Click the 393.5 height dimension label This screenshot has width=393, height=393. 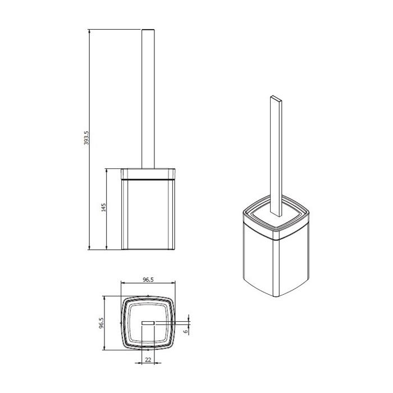point(86,138)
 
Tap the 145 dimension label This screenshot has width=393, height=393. point(103,208)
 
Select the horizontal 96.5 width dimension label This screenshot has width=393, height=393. point(148,280)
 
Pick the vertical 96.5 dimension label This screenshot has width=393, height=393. point(101,323)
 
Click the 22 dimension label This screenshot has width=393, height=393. point(148,360)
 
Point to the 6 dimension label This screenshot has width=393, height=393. point(185,331)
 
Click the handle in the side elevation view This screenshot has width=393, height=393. point(148,99)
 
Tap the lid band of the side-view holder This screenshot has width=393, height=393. point(148,174)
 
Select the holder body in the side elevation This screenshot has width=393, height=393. point(148,214)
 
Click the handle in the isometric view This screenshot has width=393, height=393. point(276,156)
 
